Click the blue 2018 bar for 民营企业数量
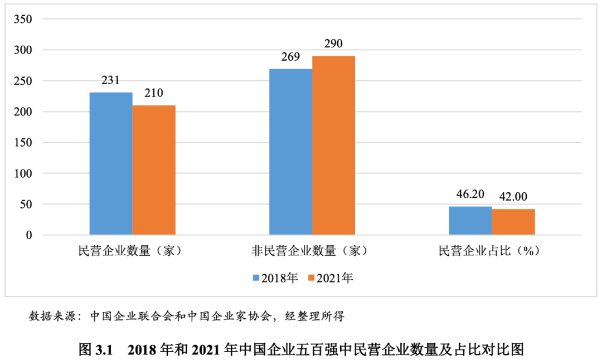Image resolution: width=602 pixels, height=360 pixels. (111, 163)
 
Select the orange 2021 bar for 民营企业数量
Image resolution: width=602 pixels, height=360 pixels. (154, 170)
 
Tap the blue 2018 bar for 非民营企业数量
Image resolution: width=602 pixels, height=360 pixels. (290, 152)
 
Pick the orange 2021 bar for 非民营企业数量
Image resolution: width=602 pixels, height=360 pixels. (333, 145)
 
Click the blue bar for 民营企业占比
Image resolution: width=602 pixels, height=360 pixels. (470, 221)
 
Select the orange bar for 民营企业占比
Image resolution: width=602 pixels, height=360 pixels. (513, 222)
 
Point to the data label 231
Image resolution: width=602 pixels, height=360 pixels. (111, 80)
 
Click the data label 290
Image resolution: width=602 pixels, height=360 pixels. (333, 43)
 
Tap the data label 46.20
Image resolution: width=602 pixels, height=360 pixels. (470, 194)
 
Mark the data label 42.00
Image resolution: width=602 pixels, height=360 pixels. (513, 197)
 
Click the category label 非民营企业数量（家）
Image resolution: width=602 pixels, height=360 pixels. (309, 251)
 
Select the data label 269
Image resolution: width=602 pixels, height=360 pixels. (290, 56)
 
